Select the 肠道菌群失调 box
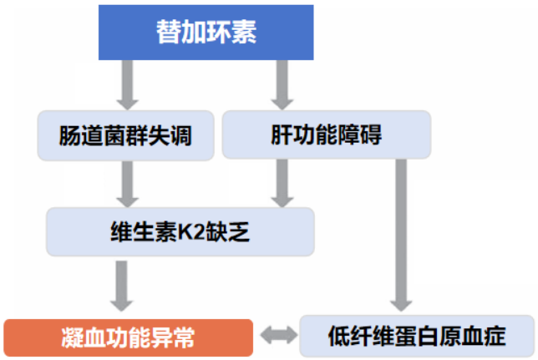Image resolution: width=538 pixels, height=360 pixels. point(126,135)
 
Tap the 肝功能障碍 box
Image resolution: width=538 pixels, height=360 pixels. point(327,135)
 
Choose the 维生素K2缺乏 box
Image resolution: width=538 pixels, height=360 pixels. point(180,231)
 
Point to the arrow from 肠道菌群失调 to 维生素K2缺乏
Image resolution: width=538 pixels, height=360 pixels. point(127,183)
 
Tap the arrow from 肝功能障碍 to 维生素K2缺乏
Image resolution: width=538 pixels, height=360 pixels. point(283,183)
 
